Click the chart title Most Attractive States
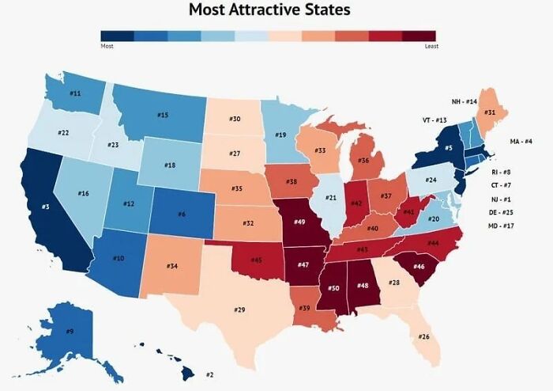(269, 10)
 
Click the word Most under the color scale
(107, 47)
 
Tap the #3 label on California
(47, 207)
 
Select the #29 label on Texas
(240, 309)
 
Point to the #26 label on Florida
(424, 336)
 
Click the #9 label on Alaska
(70, 331)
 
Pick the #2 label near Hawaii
(209, 374)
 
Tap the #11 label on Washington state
(75, 93)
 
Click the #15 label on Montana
(163, 116)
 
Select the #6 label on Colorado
(182, 214)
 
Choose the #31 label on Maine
(490, 113)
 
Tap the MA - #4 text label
(521, 141)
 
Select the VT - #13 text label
(434, 120)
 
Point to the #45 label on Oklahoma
(257, 260)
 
